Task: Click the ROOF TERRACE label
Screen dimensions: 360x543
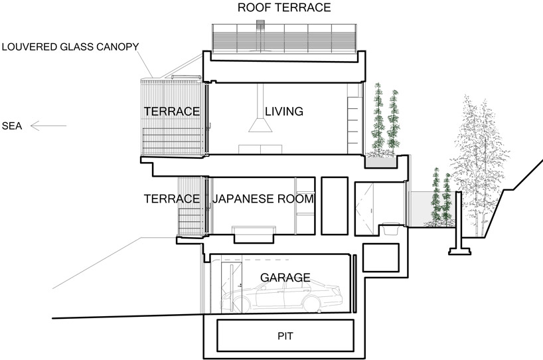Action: [285, 8]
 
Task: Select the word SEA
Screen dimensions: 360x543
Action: [13, 125]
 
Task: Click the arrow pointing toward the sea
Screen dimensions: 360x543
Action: [49, 125]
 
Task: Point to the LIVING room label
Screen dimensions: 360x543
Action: [283, 112]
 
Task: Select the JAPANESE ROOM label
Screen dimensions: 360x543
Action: [263, 199]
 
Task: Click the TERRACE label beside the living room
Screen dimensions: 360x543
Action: [172, 112]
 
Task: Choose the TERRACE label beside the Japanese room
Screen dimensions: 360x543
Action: [172, 199]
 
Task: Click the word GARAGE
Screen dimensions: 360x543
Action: [285, 278]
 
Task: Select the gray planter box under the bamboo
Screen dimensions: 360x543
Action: [382, 160]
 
